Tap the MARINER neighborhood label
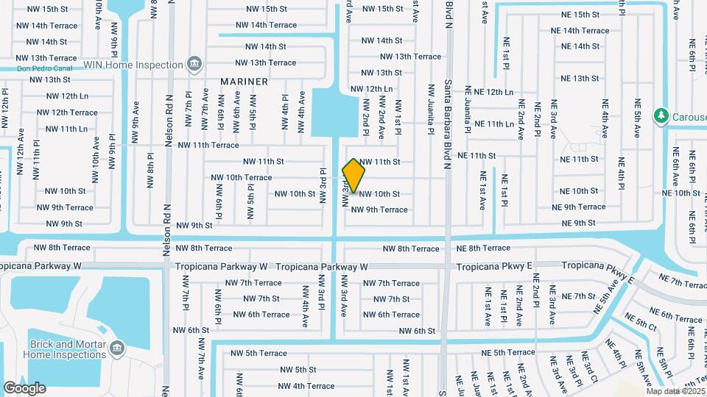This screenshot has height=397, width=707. click(244, 82)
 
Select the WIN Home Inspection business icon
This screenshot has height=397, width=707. click(194, 65)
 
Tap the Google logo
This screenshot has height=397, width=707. click(24, 387)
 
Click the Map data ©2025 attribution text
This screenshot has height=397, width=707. click(675, 391)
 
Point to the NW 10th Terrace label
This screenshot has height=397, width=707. click(241, 177)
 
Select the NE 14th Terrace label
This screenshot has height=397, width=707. click(580, 31)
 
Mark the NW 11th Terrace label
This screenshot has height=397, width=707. click(207, 145)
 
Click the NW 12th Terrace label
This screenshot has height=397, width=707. click(67, 112)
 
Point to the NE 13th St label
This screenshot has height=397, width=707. click(580, 79)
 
